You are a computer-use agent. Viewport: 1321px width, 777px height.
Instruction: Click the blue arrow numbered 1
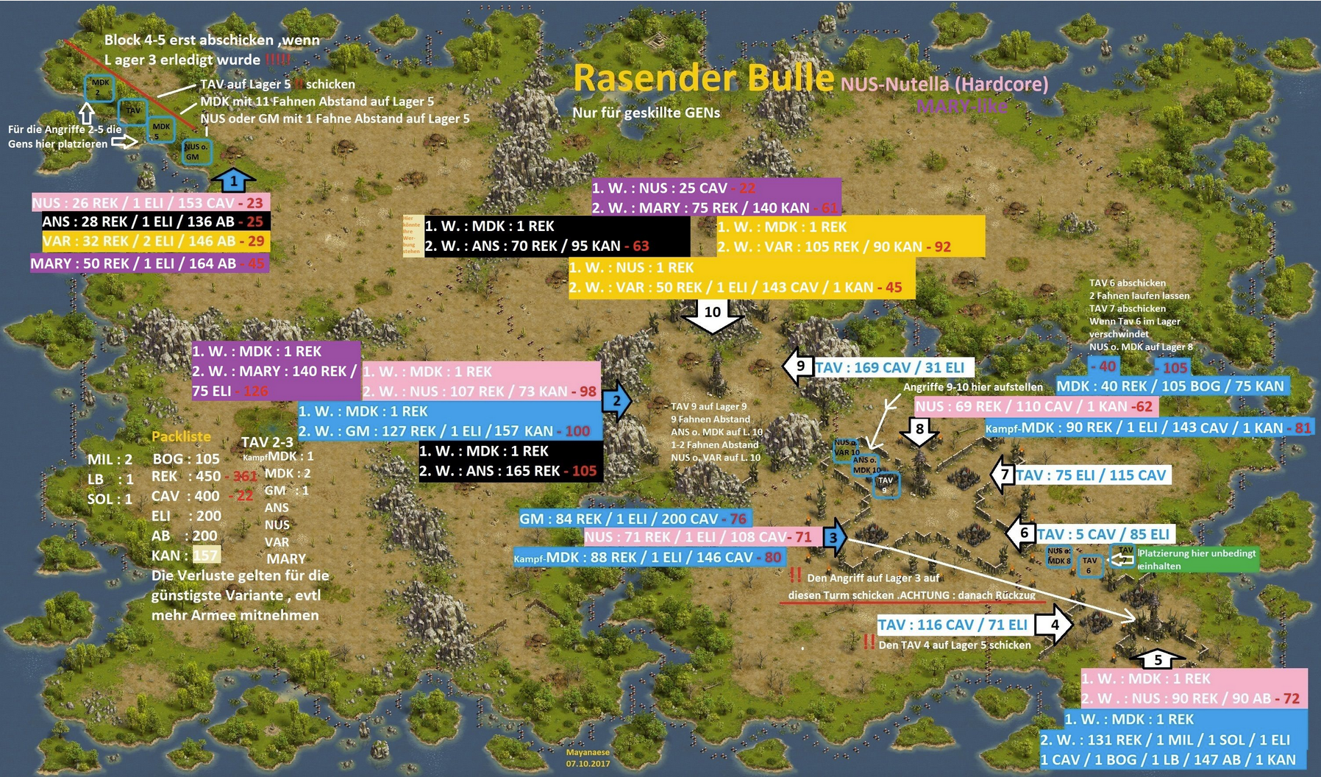point(233,180)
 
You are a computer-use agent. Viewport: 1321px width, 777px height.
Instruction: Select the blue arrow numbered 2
point(616,401)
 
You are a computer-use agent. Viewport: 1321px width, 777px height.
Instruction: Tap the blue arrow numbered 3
point(833,537)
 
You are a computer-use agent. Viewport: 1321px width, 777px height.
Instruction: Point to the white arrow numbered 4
point(1054,624)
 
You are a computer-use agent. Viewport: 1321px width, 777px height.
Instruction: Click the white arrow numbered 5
point(1157,659)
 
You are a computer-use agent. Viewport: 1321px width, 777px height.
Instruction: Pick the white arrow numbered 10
point(712,314)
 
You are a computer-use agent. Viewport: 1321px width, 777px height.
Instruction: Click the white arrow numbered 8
point(919,430)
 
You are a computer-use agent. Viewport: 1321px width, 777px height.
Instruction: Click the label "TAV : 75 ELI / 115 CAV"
point(1092,475)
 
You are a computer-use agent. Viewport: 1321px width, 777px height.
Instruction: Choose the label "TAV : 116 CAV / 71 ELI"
point(953,625)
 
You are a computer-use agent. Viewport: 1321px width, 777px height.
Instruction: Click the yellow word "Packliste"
point(181,436)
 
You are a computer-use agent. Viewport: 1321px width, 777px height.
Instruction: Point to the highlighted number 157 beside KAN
point(206,555)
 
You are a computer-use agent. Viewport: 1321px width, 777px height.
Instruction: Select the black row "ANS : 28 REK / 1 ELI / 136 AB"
point(152,221)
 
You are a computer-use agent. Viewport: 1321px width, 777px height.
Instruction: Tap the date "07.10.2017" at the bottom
point(588,763)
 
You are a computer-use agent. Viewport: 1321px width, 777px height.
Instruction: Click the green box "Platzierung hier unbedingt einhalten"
point(1197,559)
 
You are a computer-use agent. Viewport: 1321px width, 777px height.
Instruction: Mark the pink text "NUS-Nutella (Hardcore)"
point(944,83)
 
